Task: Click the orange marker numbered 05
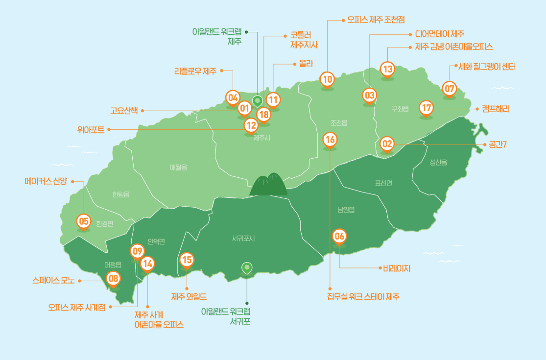tap(84, 221)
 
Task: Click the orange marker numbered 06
tap(339, 236)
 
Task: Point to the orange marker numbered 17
tap(426, 108)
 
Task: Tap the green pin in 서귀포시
tap(247, 267)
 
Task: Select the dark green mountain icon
tap(268, 185)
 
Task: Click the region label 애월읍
tap(178, 167)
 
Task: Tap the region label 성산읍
tap(438, 162)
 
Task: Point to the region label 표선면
tap(383, 183)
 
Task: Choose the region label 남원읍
tap(346, 210)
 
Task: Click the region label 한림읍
tap(120, 194)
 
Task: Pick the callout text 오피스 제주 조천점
tap(376, 21)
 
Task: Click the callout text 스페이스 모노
tap(53, 281)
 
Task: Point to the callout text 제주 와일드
tap(189, 297)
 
